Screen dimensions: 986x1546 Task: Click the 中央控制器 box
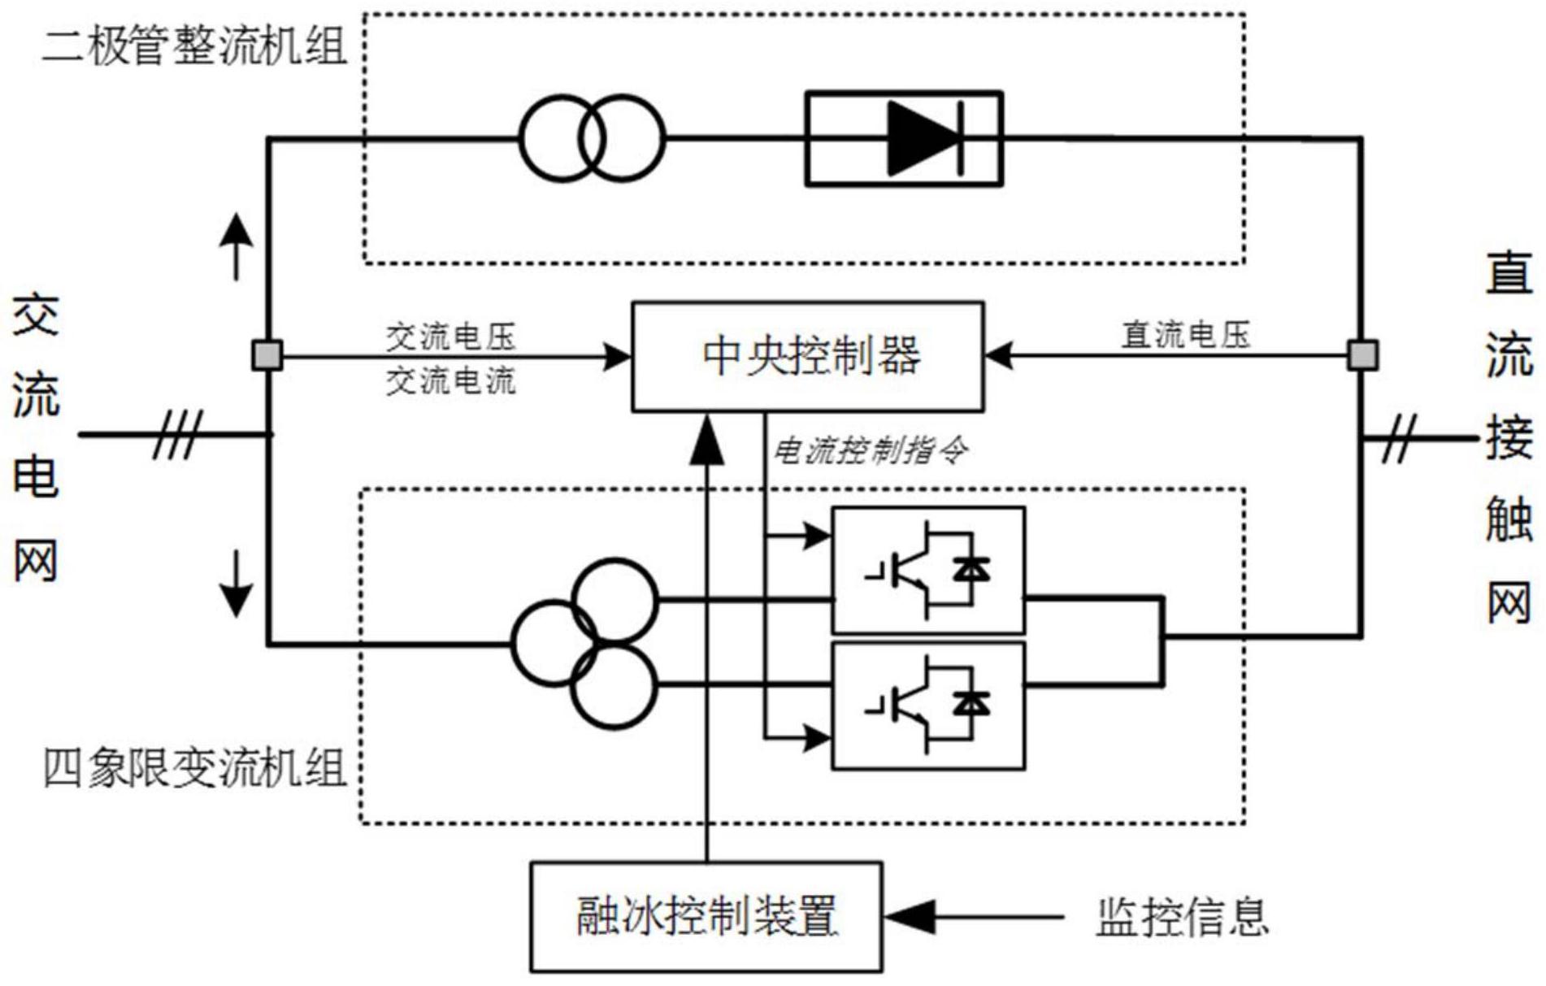click(x=808, y=357)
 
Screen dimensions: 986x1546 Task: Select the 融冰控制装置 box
click(x=706, y=916)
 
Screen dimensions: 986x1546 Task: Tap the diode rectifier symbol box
click(x=903, y=139)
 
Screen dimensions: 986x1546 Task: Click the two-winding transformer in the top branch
click(x=592, y=138)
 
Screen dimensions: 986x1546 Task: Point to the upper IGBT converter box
click(x=927, y=571)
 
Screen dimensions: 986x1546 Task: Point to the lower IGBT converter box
click(x=927, y=705)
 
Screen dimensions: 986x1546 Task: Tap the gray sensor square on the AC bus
click(x=267, y=355)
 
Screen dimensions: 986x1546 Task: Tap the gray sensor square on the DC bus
click(x=1362, y=355)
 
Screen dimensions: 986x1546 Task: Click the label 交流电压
click(x=450, y=336)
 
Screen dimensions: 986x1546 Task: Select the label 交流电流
click(x=450, y=380)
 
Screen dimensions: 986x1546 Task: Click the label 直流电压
click(x=1185, y=334)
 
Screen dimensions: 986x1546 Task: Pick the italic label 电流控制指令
click(x=869, y=450)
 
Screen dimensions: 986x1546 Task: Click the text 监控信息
click(x=1182, y=917)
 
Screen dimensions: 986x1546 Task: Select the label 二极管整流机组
click(x=193, y=46)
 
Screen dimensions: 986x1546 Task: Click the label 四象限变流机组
click(x=193, y=768)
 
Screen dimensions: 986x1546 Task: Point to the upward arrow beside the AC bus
click(x=237, y=245)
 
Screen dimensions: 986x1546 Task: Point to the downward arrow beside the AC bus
click(x=237, y=584)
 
